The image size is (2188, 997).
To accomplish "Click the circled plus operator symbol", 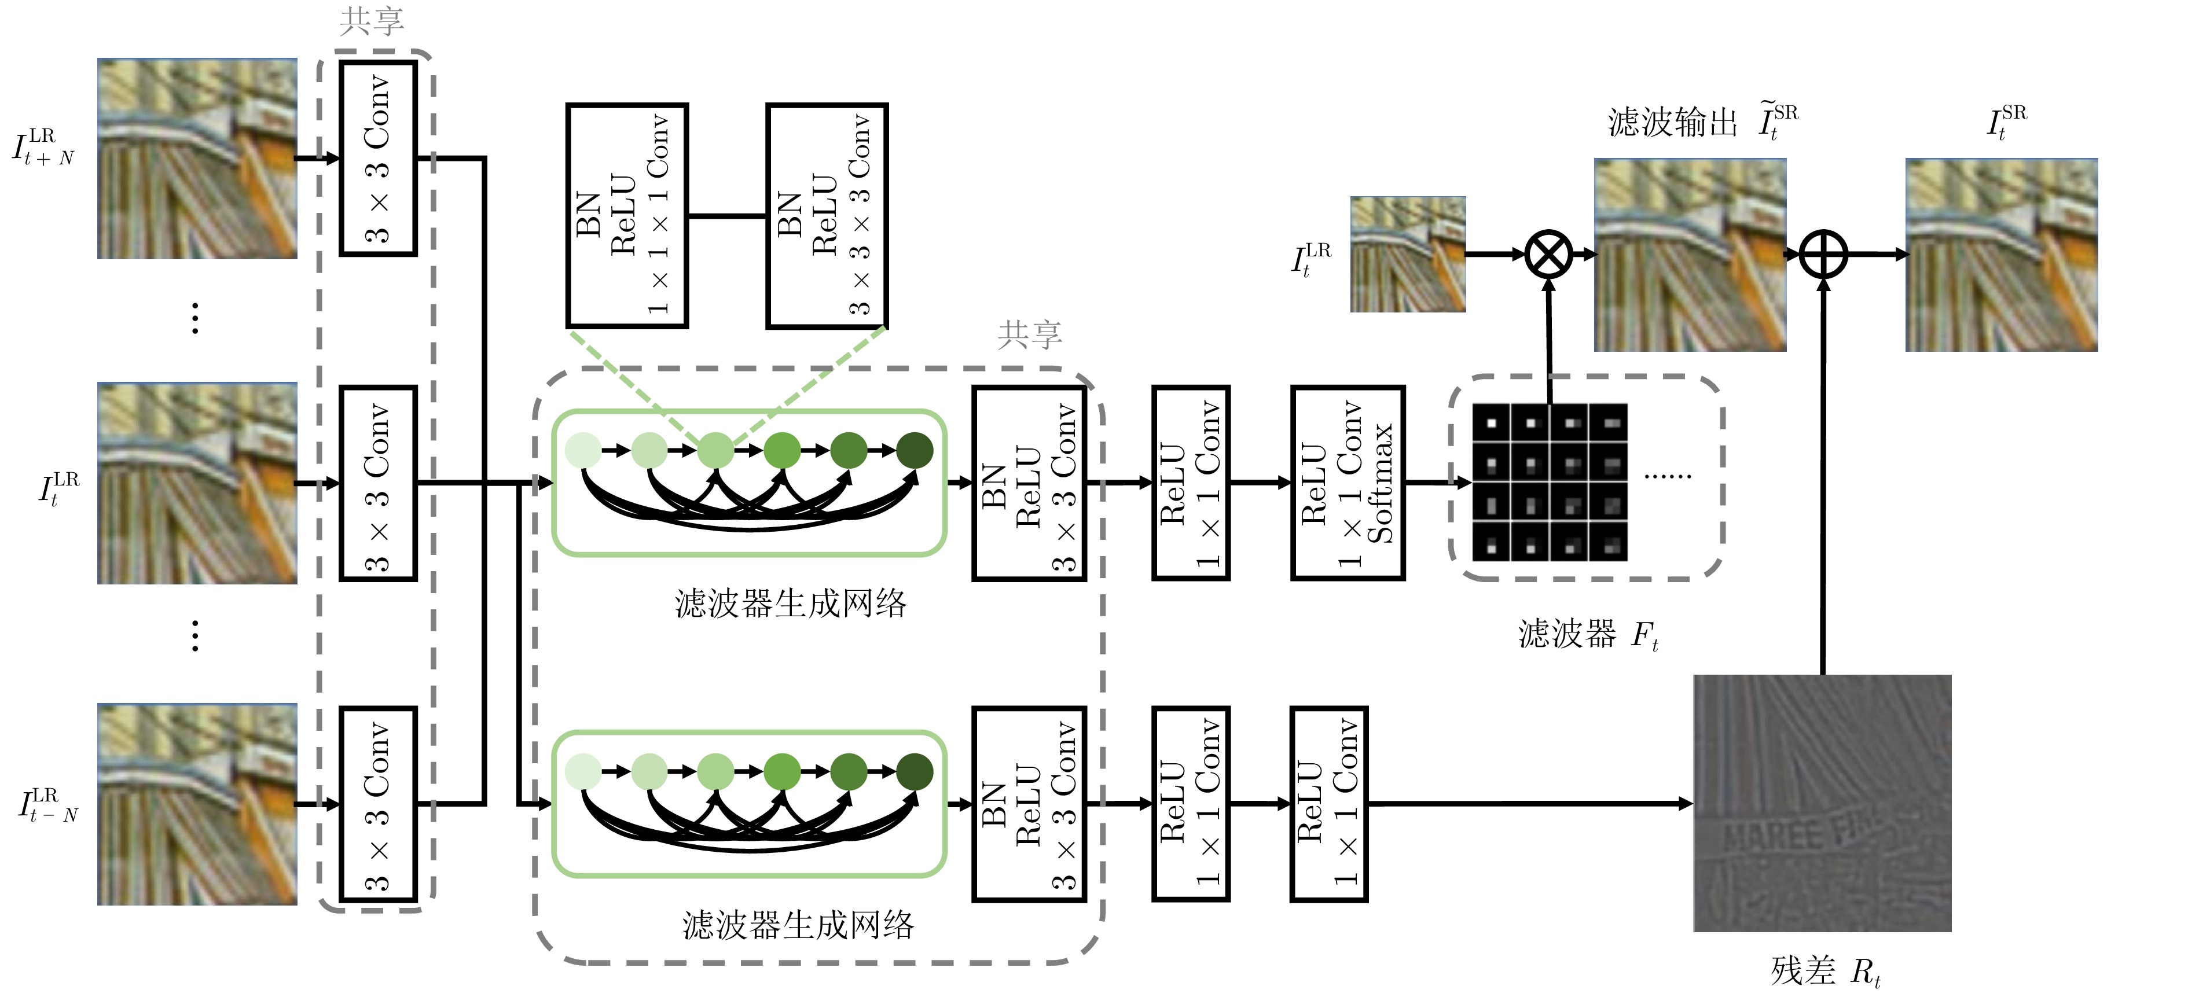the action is pyautogui.click(x=1823, y=254).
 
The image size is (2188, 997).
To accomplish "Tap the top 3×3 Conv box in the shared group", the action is pyautogui.click(x=378, y=158).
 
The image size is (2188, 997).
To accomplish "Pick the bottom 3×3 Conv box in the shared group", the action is pyautogui.click(x=378, y=803).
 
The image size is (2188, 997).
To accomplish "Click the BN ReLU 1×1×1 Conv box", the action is pyautogui.click(x=627, y=216).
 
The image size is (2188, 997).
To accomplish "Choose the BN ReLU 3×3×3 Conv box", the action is pyautogui.click(x=827, y=216).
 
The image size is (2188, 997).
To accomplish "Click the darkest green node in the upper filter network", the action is pyautogui.click(x=914, y=450).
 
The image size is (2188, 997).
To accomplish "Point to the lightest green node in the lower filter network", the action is pyautogui.click(x=583, y=771).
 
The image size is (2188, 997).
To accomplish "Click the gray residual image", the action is pyautogui.click(x=1822, y=803).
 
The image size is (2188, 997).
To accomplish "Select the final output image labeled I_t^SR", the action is pyautogui.click(x=2001, y=255).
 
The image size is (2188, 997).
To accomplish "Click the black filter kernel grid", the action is pyautogui.click(x=1550, y=483).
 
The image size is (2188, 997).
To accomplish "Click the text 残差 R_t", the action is pyautogui.click(x=1825, y=971).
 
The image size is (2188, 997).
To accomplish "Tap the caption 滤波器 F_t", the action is pyautogui.click(x=1588, y=634).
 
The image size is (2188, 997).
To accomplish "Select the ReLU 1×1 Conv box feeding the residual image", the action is pyautogui.click(x=1328, y=803).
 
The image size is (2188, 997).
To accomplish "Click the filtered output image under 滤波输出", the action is pyautogui.click(x=1690, y=255).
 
